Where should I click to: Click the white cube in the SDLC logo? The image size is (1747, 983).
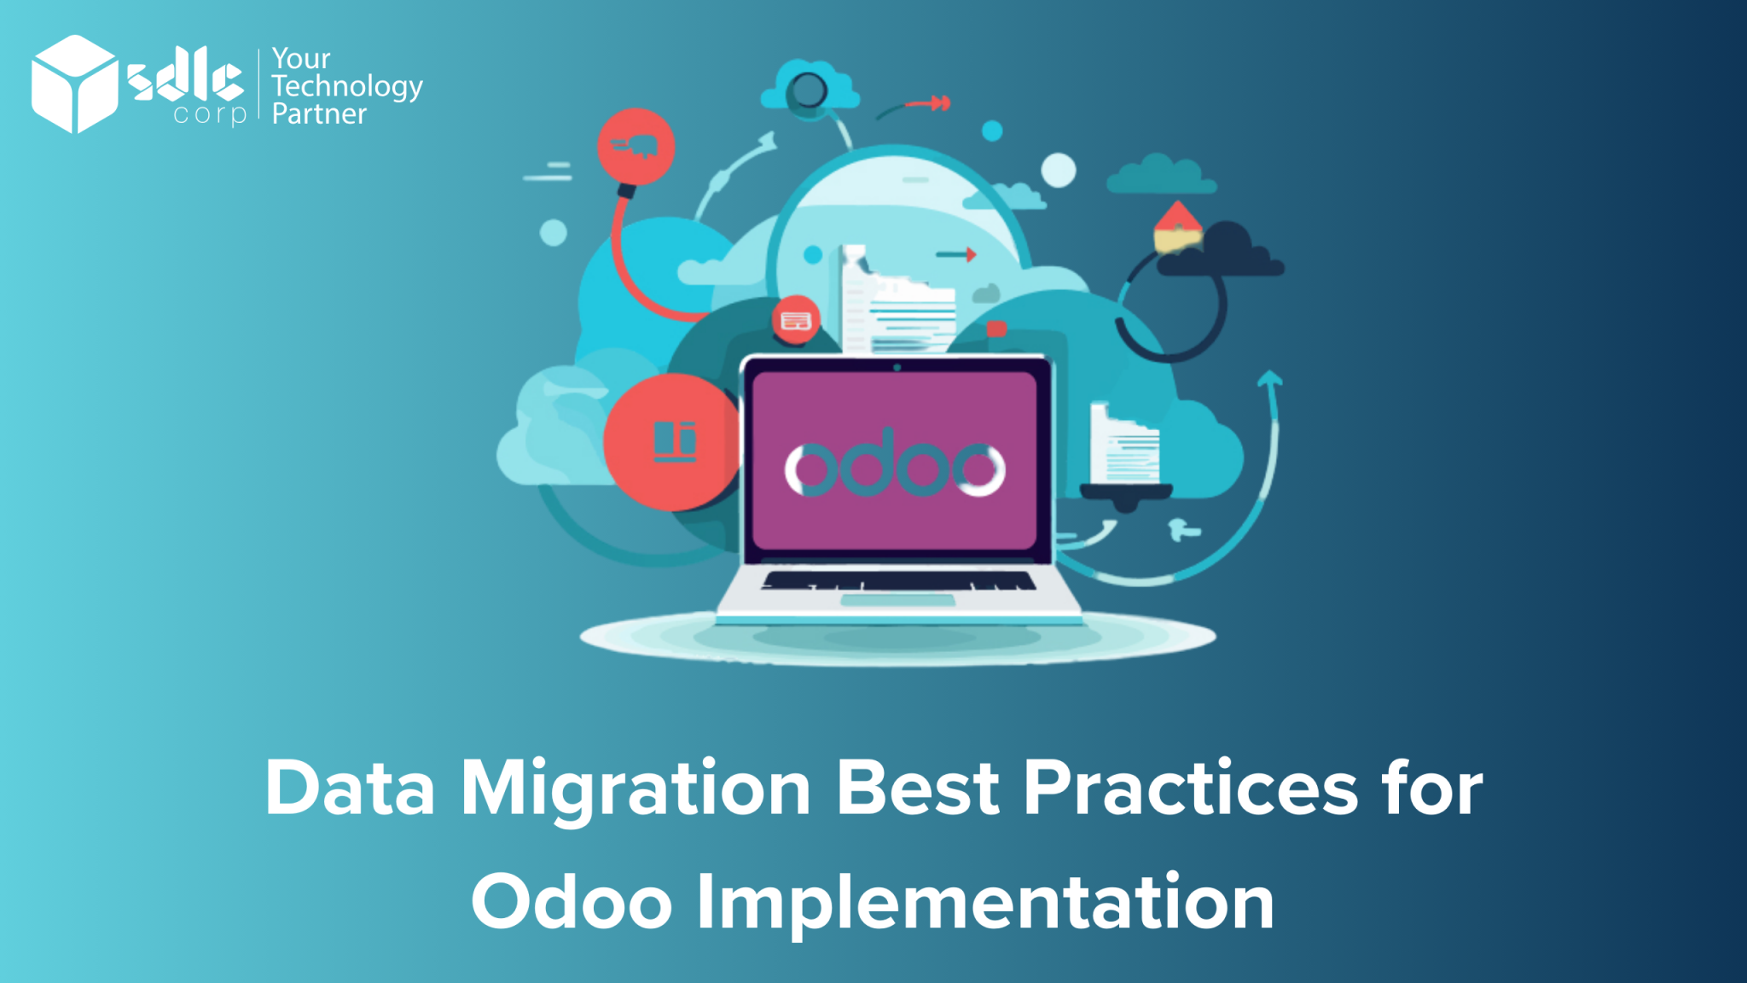pos(74,84)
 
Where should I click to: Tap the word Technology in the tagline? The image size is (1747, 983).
pos(346,87)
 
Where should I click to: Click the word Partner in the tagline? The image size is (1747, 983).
pos(319,114)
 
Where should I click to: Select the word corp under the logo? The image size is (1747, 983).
pos(210,114)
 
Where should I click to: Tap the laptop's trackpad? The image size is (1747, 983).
pos(897,601)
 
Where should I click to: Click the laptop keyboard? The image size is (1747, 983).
pos(898,581)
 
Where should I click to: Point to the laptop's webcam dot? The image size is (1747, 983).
pos(897,368)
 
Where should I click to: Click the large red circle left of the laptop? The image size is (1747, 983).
pos(672,442)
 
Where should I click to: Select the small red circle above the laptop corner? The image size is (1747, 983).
pos(796,320)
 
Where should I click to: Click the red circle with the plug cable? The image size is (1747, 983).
pos(636,147)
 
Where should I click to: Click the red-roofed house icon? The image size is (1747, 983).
pos(1178,226)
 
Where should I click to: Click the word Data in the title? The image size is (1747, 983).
pos(350,788)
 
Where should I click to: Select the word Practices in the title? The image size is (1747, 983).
pos(1190,788)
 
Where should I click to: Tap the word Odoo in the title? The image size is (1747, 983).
pos(572,902)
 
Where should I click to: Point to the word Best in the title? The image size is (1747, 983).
pos(917,788)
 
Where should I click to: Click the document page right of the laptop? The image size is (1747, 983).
pos(1124,445)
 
